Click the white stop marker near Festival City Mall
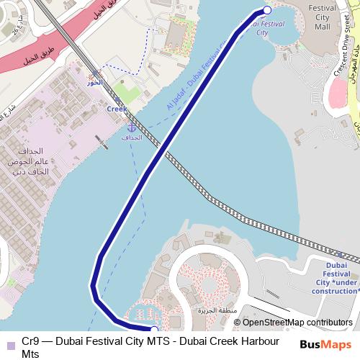click(x=267, y=10)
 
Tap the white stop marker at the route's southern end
click(x=154, y=330)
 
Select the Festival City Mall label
click(x=322, y=17)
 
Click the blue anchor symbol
click(x=130, y=127)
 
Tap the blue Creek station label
click(x=116, y=109)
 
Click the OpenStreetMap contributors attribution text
click(x=294, y=323)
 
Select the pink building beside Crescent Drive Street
click(x=338, y=90)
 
